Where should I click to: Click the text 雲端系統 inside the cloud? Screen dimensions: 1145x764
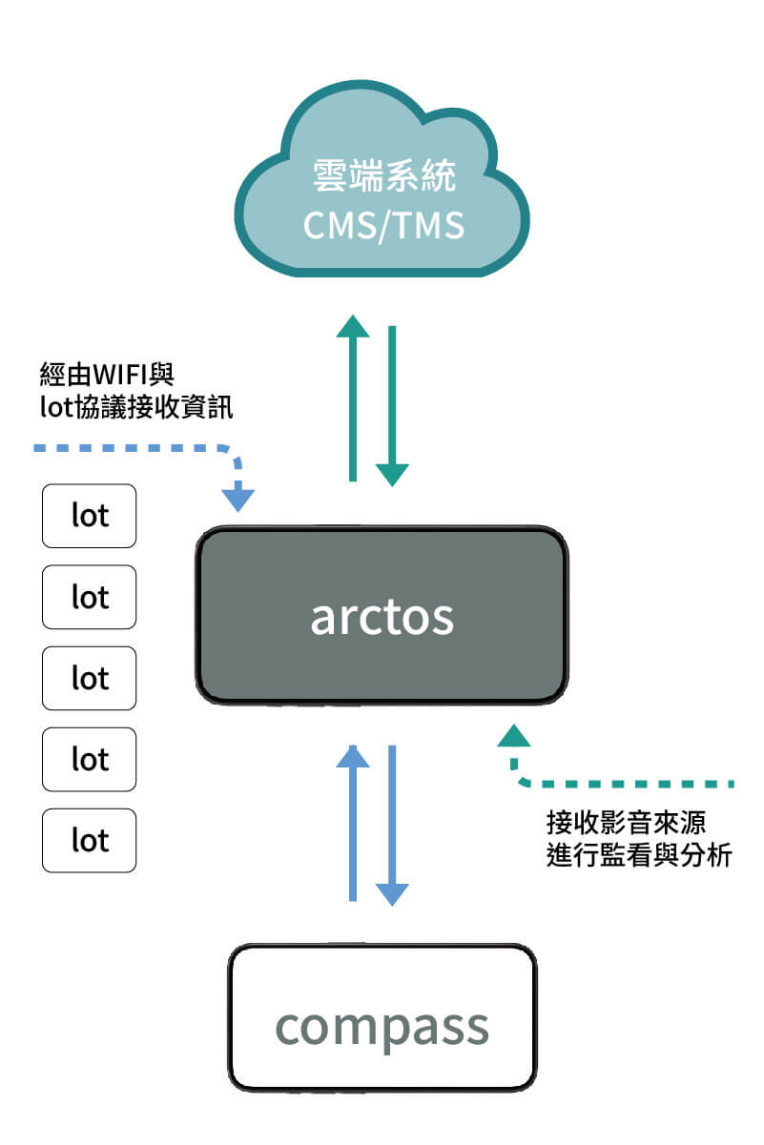coord(384,176)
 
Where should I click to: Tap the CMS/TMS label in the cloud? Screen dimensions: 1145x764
coord(383,226)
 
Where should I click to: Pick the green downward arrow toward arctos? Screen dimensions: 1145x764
coord(392,406)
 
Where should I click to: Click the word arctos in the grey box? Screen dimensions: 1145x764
coord(382,617)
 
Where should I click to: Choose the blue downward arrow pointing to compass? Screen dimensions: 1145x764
coord(392,826)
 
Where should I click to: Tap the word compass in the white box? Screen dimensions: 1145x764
coord(382,1026)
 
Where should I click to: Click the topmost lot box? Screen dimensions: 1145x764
coord(90,516)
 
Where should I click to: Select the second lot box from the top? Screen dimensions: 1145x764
coord(90,597)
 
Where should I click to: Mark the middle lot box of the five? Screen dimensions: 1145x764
coord(90,678)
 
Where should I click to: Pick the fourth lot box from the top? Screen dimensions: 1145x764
coord(90,759)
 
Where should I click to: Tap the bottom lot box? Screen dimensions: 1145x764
coord(90,840)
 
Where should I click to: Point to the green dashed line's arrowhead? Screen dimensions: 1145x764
coord(514,735)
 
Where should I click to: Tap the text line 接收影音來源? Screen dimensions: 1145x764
coord(612,821)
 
